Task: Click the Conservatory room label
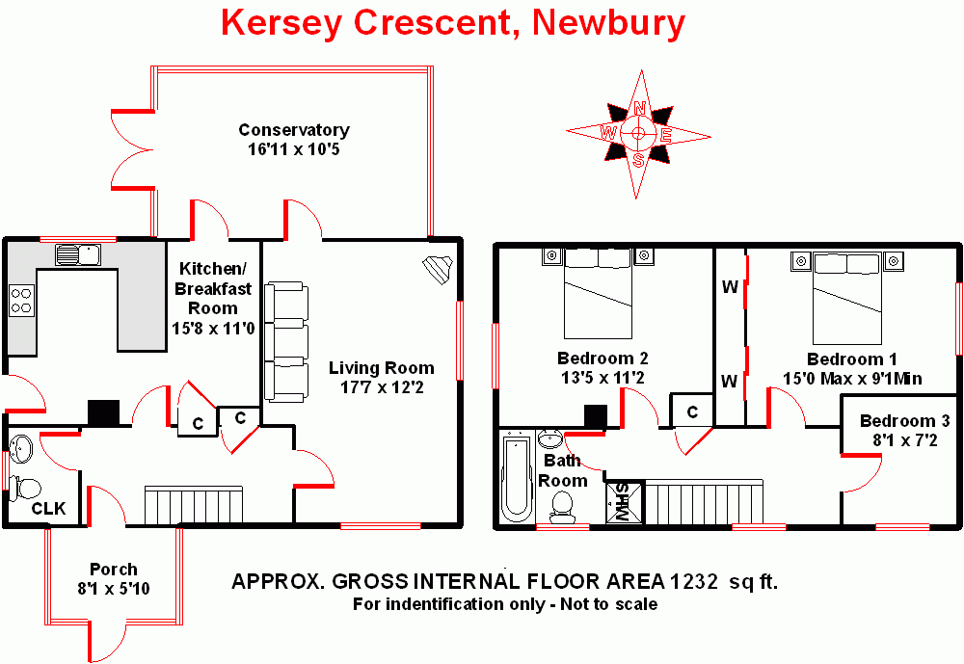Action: (294, 130)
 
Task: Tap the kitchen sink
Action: (78, 254)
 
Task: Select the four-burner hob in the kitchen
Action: (21, 301)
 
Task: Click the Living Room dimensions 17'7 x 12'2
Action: (382, 387)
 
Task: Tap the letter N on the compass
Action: (640, 109)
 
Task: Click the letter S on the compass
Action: (639, 161)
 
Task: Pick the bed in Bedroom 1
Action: (847, 299)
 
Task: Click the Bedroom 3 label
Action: (904, 420)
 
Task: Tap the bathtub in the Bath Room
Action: (517, 477)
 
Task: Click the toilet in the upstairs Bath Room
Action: (561, 508)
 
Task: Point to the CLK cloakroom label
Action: (48, 509)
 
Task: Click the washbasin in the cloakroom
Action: (21, 448)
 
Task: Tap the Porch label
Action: (114, 570)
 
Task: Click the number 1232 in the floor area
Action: (693, 581)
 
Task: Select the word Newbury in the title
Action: (608, 23)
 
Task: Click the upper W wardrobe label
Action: (730, 286)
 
